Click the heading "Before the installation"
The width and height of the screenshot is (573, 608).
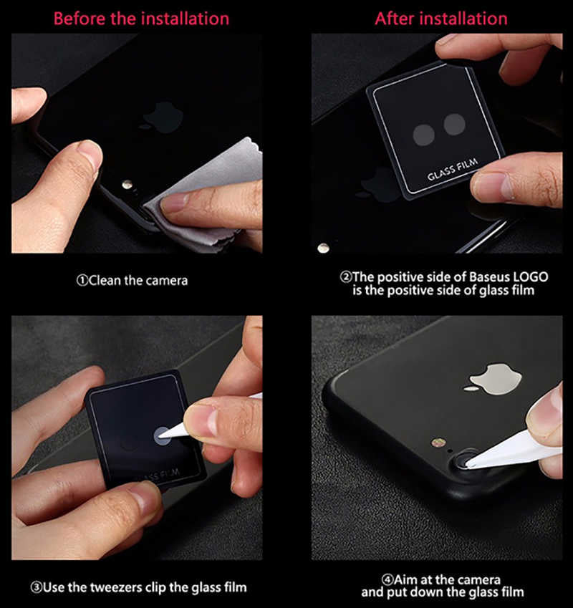click(141, 18)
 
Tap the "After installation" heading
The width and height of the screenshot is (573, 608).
click(440, 18)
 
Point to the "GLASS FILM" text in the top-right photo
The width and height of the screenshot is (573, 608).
click(453, 173)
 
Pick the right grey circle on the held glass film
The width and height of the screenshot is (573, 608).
click(454, 125)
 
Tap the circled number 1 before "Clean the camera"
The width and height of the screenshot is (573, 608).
click(82, 281)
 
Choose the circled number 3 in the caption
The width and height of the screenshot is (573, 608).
click(36, 587)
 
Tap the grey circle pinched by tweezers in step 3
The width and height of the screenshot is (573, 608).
click(164, 433)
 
